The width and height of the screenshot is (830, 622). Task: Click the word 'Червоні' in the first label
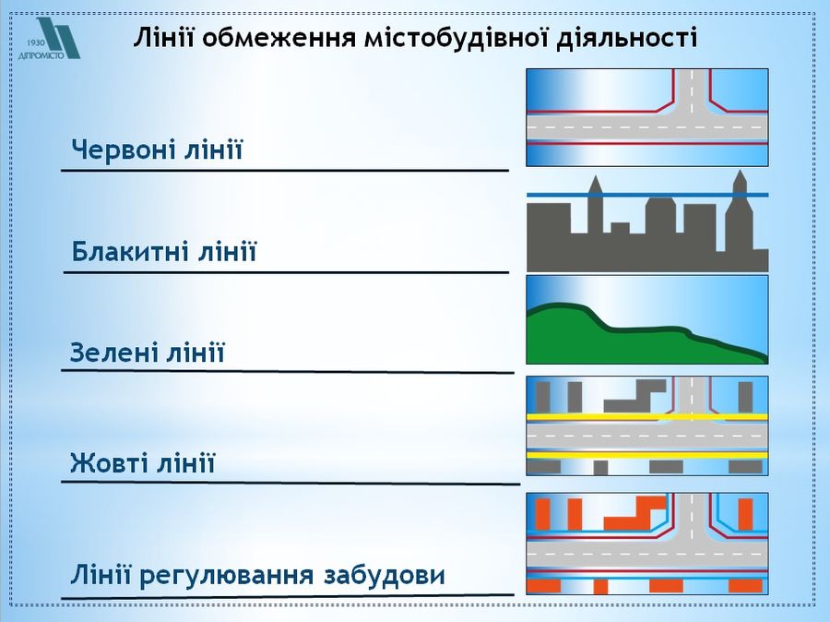124,150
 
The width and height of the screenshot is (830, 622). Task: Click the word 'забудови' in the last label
385,575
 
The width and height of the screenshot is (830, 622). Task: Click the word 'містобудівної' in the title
456,38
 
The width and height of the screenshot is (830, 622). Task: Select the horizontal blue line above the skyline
647,195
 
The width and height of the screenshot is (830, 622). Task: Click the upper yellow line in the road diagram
647,417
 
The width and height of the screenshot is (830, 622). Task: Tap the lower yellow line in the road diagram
647,455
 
